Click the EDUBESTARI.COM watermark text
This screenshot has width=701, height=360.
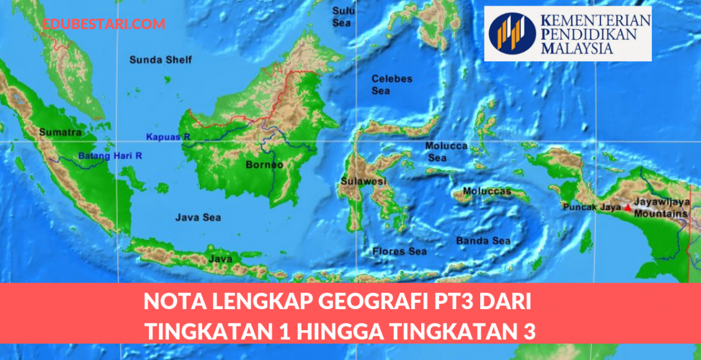coord(104,24)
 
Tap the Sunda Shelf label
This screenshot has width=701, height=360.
coord(161,60)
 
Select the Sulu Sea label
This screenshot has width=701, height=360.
coord(342,17)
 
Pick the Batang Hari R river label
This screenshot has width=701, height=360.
coord(110,156)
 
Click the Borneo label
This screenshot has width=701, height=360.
coord(264,165)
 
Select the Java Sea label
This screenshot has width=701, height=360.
coord(198,218)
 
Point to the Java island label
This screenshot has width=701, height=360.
coord(221,258)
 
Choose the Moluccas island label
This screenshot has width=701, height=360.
coord(487,191)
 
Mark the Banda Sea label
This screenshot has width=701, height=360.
coord(483,241)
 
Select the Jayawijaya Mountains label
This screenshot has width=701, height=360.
coord(664,208)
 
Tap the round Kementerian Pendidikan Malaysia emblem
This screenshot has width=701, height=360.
coord(512,34)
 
